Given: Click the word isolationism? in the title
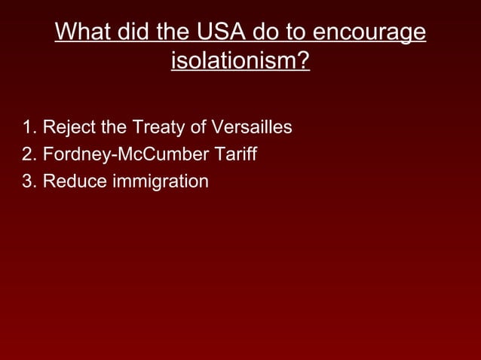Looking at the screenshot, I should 240,60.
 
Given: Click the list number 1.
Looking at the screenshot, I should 29,128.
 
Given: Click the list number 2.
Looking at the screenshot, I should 29,155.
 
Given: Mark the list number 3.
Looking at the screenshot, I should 29,182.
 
